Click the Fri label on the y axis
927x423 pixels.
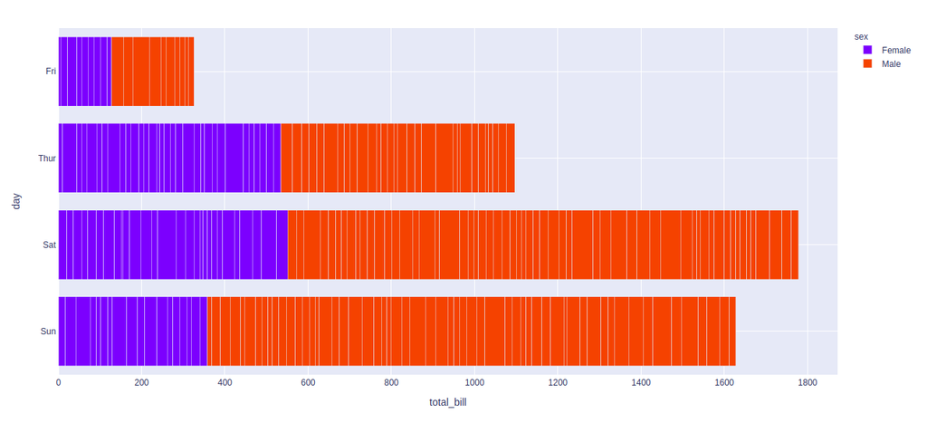click(x=50, y=71)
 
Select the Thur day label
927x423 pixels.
click(x=47, y=158)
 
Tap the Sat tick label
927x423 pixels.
click(x=49, y=245)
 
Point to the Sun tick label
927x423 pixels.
click(x=48, y=332)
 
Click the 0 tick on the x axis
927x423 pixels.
click(x=59, y=382)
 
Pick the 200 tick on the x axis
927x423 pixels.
click(x=141, y=382)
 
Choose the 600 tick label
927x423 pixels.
click(x=308, y=382)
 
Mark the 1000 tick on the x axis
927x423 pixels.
click(x=474, y=382)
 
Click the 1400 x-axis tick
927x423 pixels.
click(x=641, y=382)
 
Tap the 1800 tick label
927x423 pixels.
click(x=807, y=382)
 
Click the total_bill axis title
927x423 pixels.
click(x=447, y=401)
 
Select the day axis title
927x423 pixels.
click(x=16, y=201)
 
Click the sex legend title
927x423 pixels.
click(x=861, y=36)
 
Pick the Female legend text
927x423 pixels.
click(x=895, y=51)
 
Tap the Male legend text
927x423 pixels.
click(x=891, y=64)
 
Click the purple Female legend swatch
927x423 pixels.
click(x=867, y=51)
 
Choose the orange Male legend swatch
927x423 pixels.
click(x=867, y=64)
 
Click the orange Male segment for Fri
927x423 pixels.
click(x=152, y=71)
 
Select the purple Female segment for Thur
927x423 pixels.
click(x=169, y=158)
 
